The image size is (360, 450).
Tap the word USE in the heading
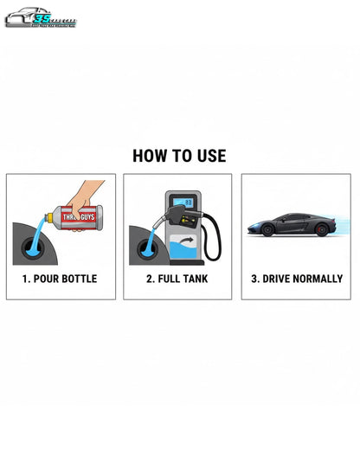[x=211, y=156]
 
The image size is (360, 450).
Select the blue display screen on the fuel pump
[x=183, y=202]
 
